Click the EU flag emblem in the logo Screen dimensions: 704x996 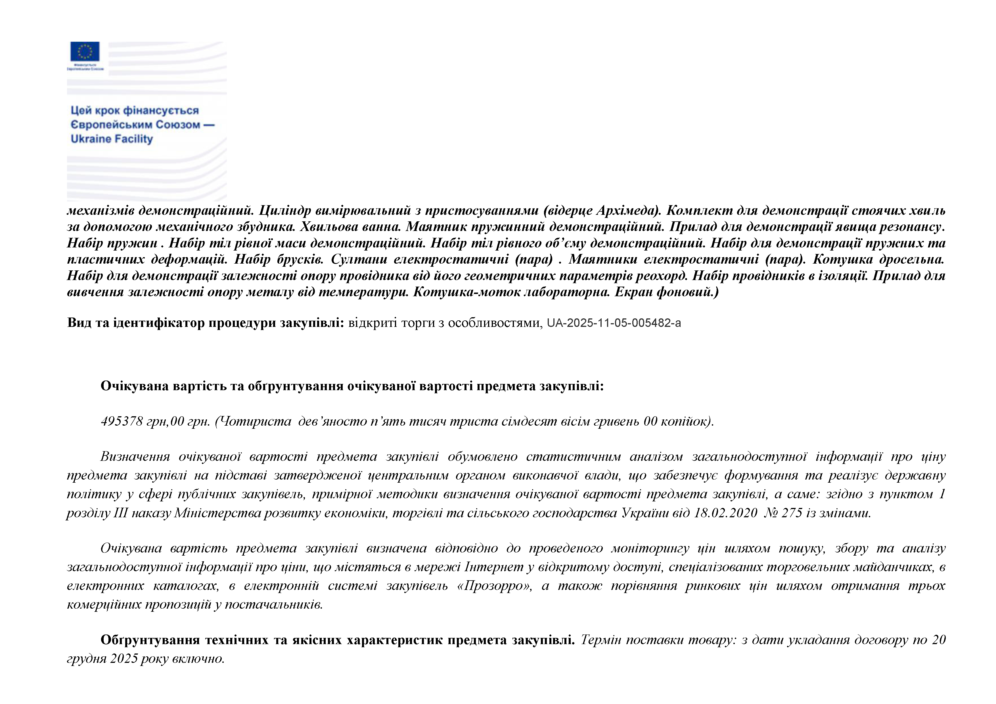[85, 51]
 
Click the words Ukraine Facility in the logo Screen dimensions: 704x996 [112, 139]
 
